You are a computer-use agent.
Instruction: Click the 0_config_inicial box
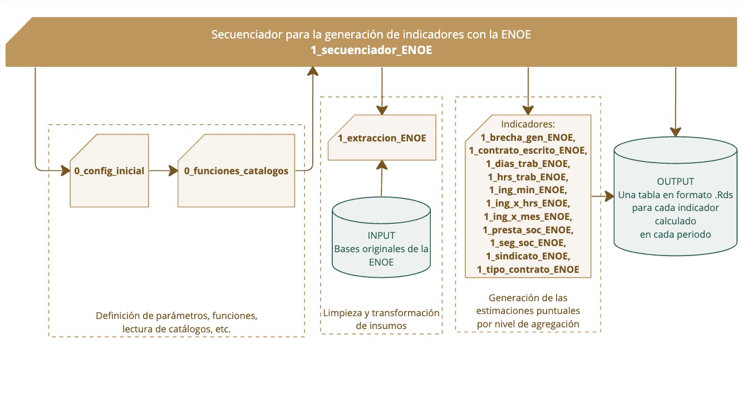tap(109, 171)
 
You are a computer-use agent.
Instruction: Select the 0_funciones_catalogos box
tap(236, 171)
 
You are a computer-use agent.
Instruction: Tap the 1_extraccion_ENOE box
tap(382, 138)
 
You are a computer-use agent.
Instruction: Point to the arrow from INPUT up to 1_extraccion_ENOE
tap(381, 179)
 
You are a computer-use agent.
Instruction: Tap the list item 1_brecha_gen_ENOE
tap(528, 137)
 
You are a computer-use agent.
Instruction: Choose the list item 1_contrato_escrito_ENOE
tap(528, 150)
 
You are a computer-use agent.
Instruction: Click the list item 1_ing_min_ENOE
tap(528, 190)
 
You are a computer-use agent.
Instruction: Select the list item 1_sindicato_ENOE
tap(528, 256)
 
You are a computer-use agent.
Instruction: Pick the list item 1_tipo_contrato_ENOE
tap(528, 269)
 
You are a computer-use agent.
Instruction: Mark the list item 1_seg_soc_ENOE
tap(528, 243)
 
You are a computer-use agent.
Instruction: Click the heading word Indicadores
tap(528, 124)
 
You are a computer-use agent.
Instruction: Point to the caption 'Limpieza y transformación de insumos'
tap(381, 319)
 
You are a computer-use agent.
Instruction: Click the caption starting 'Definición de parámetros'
tap(176, 322)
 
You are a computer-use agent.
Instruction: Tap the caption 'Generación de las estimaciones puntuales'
tap(528, 311)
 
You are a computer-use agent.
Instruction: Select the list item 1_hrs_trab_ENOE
tap(528, 176)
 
